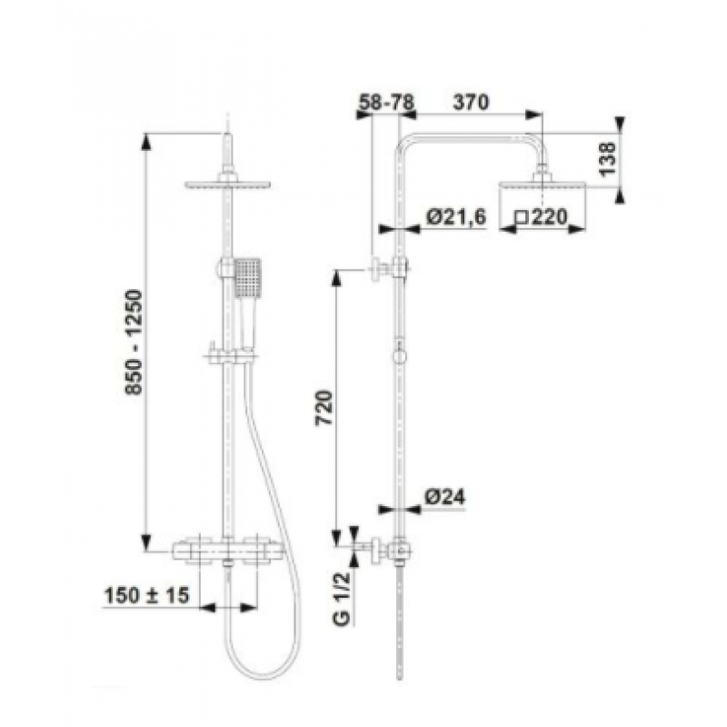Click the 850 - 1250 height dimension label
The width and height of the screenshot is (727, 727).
(x=134, y=343)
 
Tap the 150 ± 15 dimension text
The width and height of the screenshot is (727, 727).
(x=147, y=595)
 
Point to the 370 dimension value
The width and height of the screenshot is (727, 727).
(x=471, y=102)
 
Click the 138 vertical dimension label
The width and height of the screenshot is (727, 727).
(x=607, y=159)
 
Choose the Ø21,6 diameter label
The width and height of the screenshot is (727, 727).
(x=456, y=217)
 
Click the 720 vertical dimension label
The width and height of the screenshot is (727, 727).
(x=324, y=408)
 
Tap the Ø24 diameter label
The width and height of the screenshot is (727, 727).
(x=445, y=497)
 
